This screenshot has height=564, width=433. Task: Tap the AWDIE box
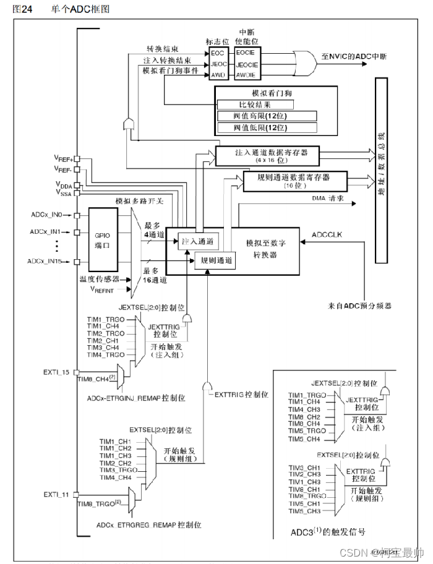246,75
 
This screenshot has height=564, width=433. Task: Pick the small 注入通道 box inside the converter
196,241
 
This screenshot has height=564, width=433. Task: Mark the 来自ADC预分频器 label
359,305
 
